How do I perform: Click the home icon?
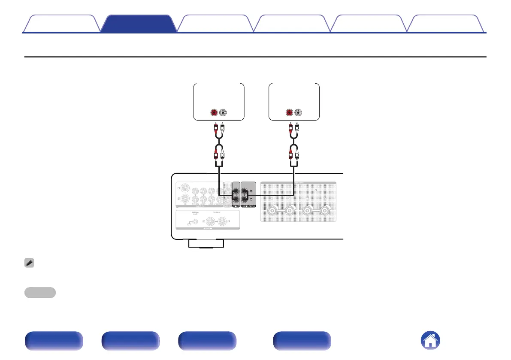coord(430,341)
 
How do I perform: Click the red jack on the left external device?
coord(214,113)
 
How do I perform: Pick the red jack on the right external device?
coord(289,113)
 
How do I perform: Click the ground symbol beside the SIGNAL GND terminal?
coord(188,223)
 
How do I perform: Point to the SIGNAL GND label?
coord(195,213)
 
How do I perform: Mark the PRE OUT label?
coord(236,206)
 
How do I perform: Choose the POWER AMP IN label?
coord(249,206)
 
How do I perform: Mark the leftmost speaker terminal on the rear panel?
coord(272,211)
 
